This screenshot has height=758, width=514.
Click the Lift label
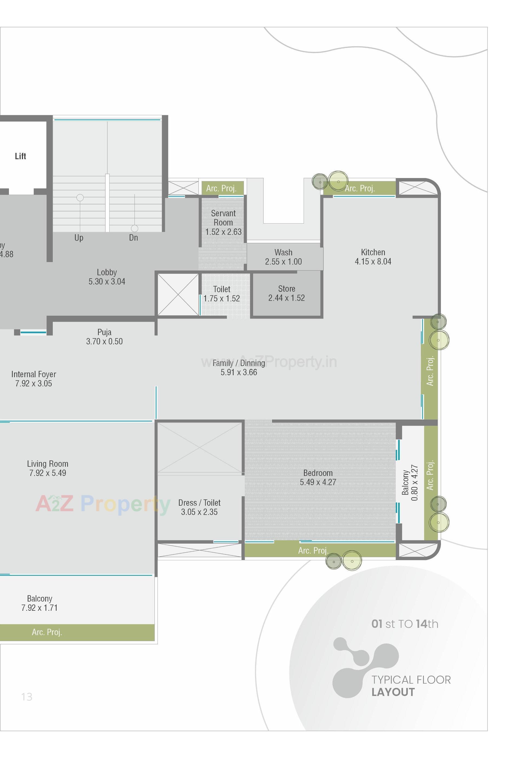click(x=20, y=156)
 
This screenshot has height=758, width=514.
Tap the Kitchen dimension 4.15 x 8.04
click(x=373, y=262)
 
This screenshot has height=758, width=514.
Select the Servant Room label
click(x=223, y=218)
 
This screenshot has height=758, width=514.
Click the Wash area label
click(x=283, y=253)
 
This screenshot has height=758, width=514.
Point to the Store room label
click(x=286, y=289)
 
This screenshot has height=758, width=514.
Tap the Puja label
click(x=104, y=332)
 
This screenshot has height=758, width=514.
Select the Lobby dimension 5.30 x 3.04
click(x=107, y=282)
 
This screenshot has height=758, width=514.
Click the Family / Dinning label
click(x=238, y=363)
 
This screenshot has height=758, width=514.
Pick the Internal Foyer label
click(x=34, y=374)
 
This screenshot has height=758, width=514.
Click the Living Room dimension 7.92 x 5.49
click(x=48, y=473)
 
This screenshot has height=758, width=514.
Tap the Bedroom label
click(x=318, y=473)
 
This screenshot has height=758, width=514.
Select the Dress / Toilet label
click(x=199, y=503)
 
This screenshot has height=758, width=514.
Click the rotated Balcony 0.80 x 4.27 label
click(x=410, y=483)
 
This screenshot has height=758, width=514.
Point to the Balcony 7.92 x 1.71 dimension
click(x=40, y=608)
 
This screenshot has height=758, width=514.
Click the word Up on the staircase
click(x=78, y=238)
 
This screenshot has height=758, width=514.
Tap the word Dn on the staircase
click(x=133, y=238)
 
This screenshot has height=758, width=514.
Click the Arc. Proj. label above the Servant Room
click(x=221, y=188)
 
